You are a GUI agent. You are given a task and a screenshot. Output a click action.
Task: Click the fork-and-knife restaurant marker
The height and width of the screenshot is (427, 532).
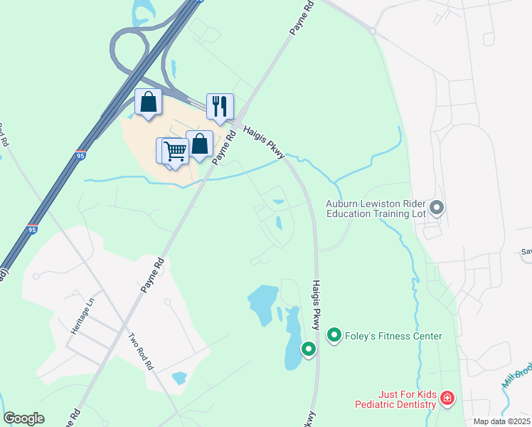tap(220, 107)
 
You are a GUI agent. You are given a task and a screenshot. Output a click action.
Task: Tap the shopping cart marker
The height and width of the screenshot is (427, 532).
tap(174, 152)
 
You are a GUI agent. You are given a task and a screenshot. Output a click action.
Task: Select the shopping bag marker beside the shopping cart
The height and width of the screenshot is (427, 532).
tap(200, 144)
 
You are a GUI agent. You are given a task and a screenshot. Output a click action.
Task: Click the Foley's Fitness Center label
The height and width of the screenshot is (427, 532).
tap(393, 336)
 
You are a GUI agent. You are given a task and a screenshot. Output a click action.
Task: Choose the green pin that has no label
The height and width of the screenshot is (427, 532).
tap(308, 349)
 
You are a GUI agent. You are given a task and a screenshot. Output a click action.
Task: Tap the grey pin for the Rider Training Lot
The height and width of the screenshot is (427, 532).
tap(437, 208)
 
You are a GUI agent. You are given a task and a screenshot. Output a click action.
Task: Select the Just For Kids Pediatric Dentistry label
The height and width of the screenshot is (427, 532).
tap(395, 399)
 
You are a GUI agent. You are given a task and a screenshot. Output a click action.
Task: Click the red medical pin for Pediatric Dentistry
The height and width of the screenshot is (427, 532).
tap(447, 399)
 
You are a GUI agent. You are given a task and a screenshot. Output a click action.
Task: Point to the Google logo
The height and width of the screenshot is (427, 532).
tap(24, 418)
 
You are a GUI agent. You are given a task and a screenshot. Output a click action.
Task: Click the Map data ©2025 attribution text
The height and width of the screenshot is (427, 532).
tap(501, 421)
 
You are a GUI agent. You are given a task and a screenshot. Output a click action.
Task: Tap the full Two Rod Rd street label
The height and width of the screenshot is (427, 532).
tap(141, 352)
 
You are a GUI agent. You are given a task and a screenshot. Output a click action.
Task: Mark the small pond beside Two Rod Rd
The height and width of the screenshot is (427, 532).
tap(179, 378)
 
